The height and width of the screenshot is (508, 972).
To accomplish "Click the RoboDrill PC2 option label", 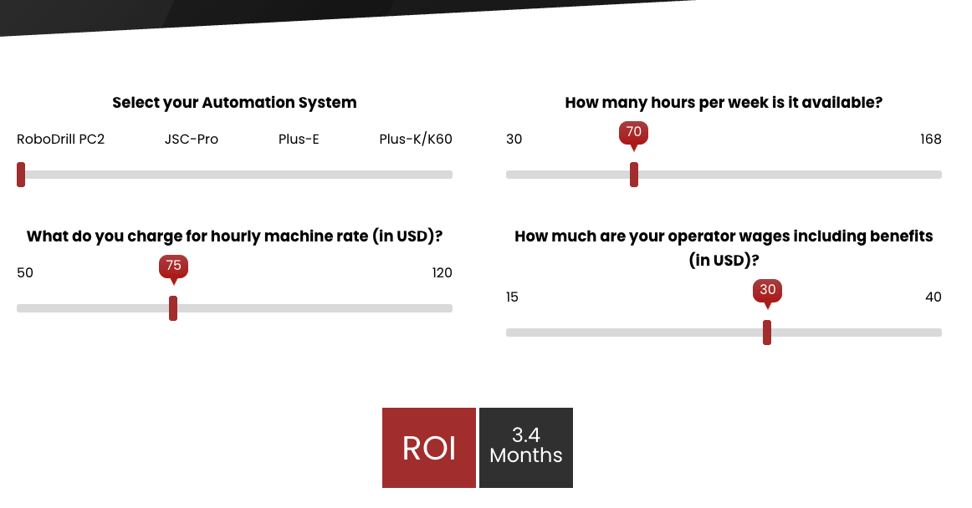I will [x=60, y=140].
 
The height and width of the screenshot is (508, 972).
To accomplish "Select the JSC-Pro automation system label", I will [x=192, y=140].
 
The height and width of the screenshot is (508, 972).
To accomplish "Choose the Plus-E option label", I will [x=299, y=140].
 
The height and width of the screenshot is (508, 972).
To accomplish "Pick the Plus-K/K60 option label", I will [x=416, y=140].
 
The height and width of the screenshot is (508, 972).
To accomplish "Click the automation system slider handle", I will [x=21, y=175].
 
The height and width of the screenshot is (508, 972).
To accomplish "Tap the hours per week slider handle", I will [x=634, y=175].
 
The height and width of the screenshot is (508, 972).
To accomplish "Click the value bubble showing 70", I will [x=634, y=132].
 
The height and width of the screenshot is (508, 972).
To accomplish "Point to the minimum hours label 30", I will [x=514, y=140].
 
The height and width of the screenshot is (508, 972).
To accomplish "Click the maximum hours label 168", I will [x=930, y=140].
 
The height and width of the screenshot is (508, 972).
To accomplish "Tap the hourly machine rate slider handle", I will [x=173, y=308].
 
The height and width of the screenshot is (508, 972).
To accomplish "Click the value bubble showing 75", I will [x=173, y=266].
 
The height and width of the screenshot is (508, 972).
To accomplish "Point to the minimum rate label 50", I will [x=25, y=273].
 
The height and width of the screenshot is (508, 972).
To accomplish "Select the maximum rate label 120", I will [x=442, y=273].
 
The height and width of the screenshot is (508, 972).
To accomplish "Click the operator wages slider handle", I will [x=767, y=333].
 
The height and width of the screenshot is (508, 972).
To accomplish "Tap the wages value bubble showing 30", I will [x=767, y=290].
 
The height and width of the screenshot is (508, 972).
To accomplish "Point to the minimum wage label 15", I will [x=512, y=297].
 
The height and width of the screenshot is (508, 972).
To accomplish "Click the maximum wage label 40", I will [x=933, y=297].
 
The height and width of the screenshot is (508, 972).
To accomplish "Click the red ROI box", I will [x=429, y=448].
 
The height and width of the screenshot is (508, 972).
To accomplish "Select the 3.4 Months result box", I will [x=526, y=448].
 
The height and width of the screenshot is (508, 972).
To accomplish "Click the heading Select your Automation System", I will [x=234, y=103].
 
